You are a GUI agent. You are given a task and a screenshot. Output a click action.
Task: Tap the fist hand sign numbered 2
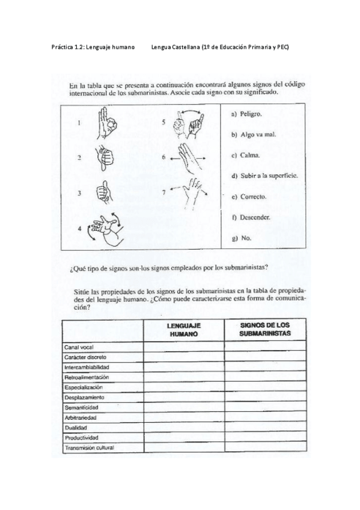point(104,158)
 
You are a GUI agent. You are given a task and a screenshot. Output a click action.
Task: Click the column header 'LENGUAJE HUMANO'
point(183,329)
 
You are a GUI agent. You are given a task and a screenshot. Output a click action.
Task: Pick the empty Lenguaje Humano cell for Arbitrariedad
point(183,417)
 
